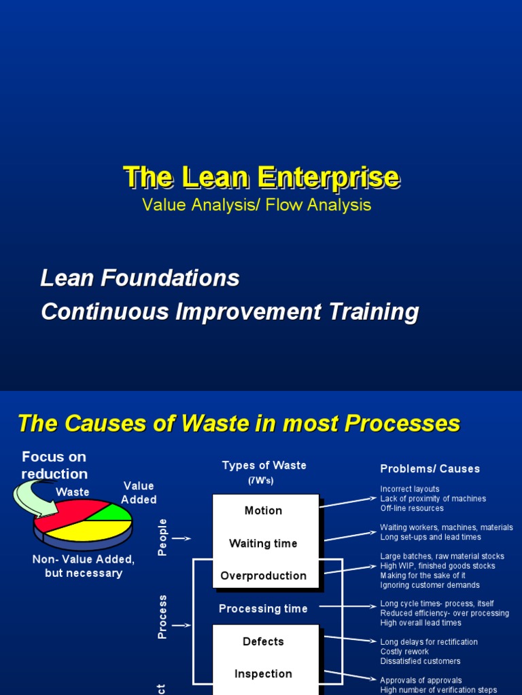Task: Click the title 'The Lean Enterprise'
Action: coord(262,177)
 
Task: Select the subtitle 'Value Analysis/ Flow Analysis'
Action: coord(257,204)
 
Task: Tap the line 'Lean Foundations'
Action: coord(140,278)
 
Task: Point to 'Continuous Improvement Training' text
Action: coord(230,312)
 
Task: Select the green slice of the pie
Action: coord(116,512)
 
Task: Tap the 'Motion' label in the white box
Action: coord(263,510)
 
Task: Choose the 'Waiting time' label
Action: coord(263,543)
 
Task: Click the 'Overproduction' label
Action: coord(263,576)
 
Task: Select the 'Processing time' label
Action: coord(263,609)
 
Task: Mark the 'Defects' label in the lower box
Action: coord(263,641)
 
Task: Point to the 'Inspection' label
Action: coord(263,674)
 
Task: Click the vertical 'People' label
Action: coord(162,538)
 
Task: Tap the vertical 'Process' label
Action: coord(162,617)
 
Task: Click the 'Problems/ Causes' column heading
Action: coord(430,468)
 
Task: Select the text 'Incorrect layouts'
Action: coord(410,489)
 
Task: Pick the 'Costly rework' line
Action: coord(404,652)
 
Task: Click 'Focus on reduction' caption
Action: coord(54,465)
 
